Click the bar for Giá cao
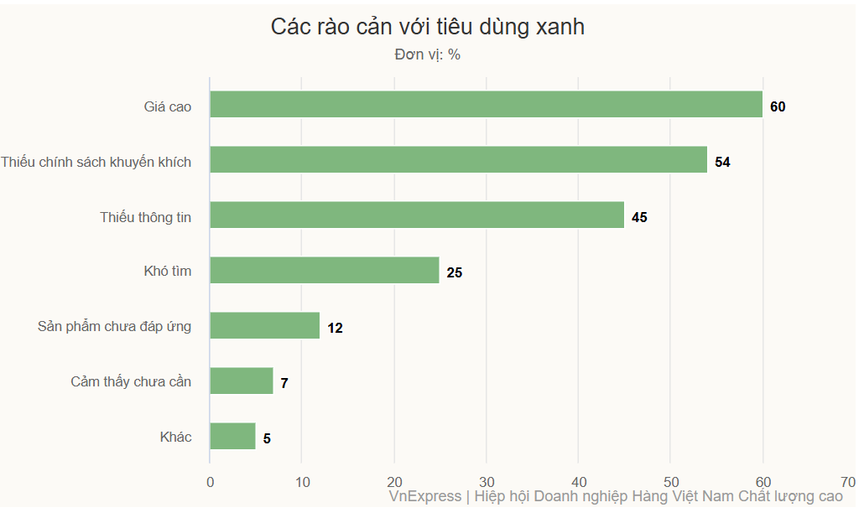click(486, 104)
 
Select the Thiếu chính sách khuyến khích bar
click(458, 159)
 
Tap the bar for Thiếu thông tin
click(417, 215)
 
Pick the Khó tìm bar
click(325, 270)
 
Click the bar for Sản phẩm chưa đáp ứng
click(264, 325)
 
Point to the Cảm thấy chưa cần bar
click(242, 381)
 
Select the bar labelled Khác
click(232, 436)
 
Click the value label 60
click(778, 106)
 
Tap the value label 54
click(722, 162)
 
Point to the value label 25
click(455, 272)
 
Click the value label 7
click(284, 383)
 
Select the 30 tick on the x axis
click(487, 482)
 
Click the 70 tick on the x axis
click(848, 482)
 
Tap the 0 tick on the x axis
click(210, 482)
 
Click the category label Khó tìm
click(168, 271)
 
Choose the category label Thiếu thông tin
click(146, 217)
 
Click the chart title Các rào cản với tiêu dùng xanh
click(428, 27)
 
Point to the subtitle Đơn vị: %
click(428, 55)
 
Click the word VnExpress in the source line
click(425, 496)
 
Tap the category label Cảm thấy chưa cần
click(131, 381)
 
